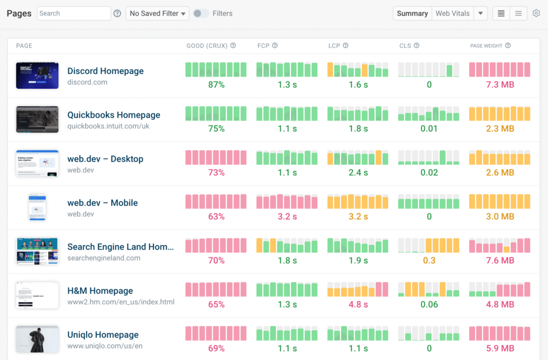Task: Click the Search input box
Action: (74, 13)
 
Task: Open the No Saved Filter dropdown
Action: (157, 13)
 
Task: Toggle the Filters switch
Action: (201, 13)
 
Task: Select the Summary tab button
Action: (412, 13)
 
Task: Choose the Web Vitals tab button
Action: (452, 13)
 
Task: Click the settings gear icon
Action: (536, 13)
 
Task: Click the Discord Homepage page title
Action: (105, 71)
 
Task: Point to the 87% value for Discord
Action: (216, 85)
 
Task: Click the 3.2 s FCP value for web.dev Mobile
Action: (287, 217)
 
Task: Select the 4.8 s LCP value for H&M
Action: (358, 304)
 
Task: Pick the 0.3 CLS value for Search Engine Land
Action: (429, 261)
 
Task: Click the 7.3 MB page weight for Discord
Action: (500, 85)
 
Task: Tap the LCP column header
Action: (334, 46)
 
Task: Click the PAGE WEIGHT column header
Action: (486, 46)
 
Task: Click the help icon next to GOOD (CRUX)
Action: (233, 46)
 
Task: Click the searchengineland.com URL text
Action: (104, 258)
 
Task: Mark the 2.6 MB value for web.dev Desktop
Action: (500, 173)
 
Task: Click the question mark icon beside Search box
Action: (117, 13)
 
